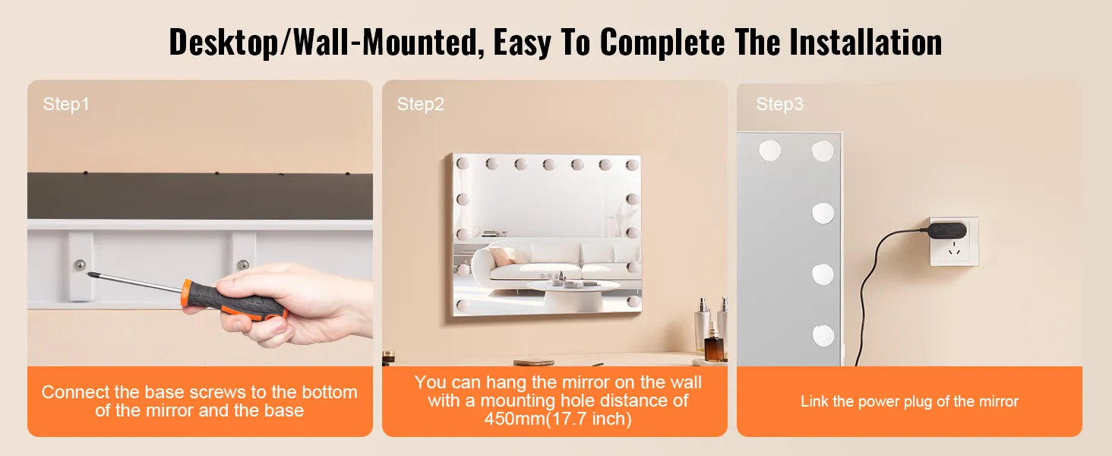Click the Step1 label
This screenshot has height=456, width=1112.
click(66, 104)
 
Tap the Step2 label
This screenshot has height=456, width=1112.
click(421, 104)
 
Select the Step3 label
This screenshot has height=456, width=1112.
click(779, 104)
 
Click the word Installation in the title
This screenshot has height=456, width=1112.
click(865, 42)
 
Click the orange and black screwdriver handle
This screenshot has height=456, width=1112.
click(233, 300)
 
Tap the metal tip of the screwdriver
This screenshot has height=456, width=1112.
click(90, 273)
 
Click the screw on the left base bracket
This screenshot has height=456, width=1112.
click(80, 265)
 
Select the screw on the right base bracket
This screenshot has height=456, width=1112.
click(243, 264)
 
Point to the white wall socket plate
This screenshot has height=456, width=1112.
click(954, 242)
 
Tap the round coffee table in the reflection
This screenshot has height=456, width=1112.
click(572, 295)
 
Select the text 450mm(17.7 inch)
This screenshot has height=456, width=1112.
click(558, 419)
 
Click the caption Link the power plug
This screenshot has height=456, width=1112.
click(909, 401)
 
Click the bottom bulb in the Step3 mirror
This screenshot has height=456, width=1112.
click(823, 336)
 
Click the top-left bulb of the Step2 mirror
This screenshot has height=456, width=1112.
click(463, 163)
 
